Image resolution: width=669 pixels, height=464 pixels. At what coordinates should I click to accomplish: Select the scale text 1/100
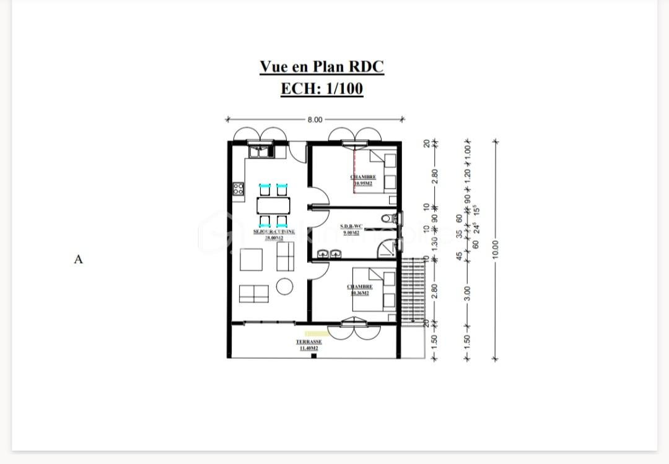click(x=341, y=88)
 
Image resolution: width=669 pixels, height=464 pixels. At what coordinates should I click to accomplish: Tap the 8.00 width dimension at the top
click(x=315, y=119)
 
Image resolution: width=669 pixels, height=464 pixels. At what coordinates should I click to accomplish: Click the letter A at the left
click(x=78, y=259)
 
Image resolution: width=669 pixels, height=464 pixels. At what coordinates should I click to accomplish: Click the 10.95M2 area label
click(x=364, y=184)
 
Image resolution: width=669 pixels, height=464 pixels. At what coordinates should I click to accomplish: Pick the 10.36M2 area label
click(x=360, y=293)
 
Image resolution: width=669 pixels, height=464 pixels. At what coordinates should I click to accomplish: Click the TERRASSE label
click(x=308, y=342)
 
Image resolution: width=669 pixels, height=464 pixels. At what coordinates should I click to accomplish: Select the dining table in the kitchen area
click(x=273, y=205)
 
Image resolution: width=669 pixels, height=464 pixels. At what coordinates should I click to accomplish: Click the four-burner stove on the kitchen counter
click(x=238, y=189)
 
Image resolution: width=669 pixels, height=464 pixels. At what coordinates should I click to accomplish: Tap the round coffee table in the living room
click(x=285, y=286)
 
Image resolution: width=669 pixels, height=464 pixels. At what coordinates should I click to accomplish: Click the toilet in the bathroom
click(x=388, y=218)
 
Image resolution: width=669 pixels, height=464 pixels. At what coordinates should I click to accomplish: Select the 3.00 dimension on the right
click(x=468, y=291)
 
